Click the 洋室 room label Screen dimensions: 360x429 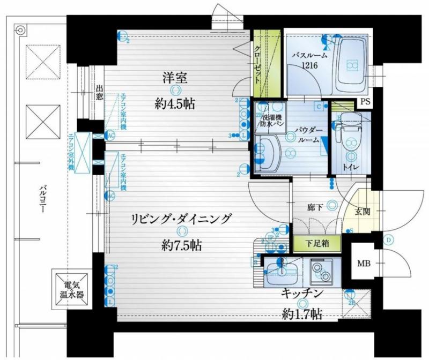tap(175, 78)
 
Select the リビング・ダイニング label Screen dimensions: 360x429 tap(182, 219)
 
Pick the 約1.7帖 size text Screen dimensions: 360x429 tap(302, 313)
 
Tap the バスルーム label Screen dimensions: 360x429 tap(309, 56)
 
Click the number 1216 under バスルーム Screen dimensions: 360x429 tap(309, 66)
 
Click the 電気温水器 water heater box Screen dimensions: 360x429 tap(71, 290)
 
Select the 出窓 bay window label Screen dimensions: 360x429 tap(99, 93)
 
